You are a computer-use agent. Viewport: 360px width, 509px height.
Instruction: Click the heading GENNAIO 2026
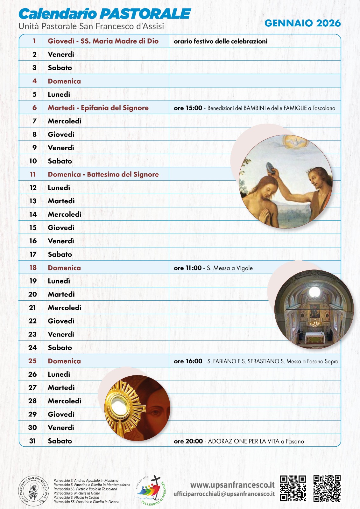tap(302, 23)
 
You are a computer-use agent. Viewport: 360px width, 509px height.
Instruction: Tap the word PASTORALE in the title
tap(145, 14)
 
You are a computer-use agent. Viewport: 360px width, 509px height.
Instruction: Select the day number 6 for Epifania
tap(34, 108)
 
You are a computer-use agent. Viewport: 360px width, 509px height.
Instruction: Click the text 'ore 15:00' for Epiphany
tap(188, 108)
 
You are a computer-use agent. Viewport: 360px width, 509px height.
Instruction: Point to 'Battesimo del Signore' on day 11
tap(123, 174)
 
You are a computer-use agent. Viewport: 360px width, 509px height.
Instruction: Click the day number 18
tap(33, 268)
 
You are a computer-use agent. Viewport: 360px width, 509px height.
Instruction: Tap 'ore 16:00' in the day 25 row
tap(188, 361)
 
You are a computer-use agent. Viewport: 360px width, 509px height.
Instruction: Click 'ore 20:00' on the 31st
tap(188, 441)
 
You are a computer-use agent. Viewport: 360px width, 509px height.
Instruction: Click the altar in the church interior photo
tap(314, 337)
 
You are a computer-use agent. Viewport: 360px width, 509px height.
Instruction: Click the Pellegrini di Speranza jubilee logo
tap(151, 490)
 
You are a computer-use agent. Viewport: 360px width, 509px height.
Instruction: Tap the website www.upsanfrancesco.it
tap(232, 485)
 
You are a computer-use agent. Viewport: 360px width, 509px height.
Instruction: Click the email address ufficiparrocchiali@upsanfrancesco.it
tap(224, 494)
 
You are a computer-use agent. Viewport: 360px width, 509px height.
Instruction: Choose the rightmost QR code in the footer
tap(327, 489)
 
